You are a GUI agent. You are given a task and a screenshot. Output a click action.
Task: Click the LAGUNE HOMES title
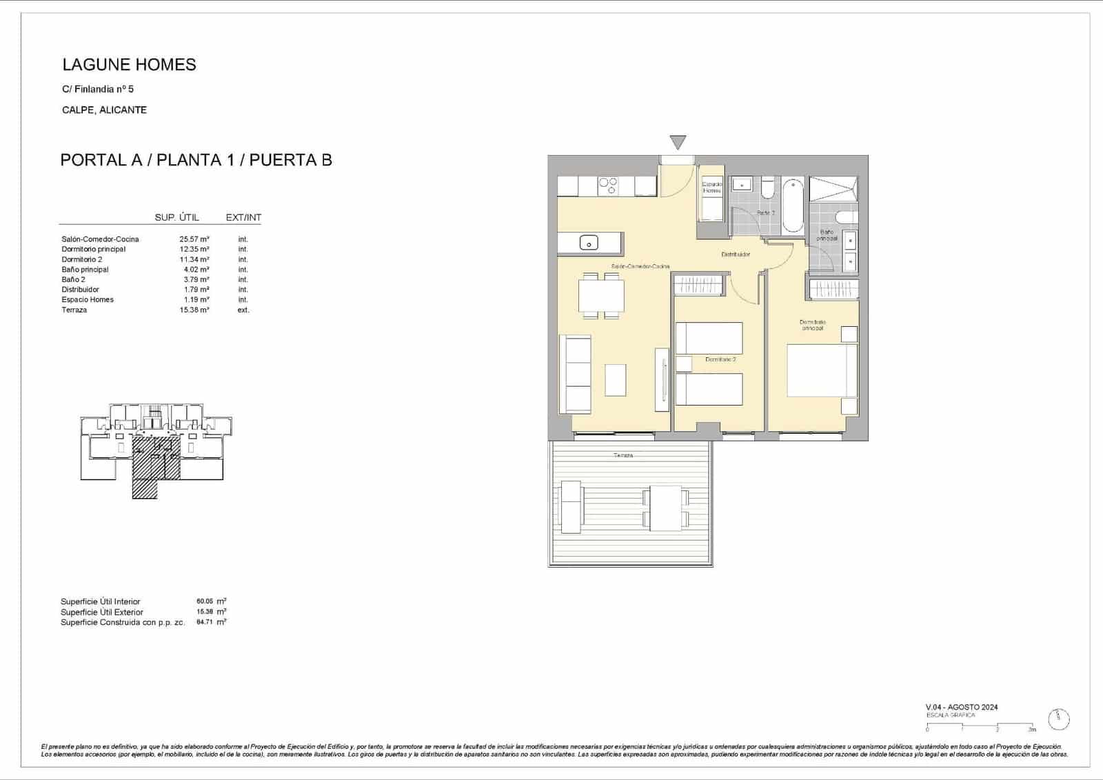[129, 65]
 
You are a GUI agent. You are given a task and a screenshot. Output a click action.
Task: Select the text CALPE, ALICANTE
[104, 110]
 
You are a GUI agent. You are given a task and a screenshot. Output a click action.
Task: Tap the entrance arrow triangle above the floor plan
[678, 142]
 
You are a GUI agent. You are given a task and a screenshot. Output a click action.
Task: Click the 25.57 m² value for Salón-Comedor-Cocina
[194, 239]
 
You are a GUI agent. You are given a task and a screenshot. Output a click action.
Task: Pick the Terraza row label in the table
[74, 310]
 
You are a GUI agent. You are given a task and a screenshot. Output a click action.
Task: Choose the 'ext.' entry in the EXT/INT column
[243, 310]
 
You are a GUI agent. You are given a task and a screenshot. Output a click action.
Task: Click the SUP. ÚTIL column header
[176, 217]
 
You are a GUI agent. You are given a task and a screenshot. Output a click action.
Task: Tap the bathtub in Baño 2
[793, 205]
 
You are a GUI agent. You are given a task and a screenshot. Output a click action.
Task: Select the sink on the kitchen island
[589, 242]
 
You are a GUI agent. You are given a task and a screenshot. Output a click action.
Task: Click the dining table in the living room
[601, 296]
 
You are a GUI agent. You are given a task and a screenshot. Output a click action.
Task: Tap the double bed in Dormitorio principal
[821, 371]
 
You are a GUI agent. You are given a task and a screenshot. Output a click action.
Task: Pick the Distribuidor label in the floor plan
[736, 254]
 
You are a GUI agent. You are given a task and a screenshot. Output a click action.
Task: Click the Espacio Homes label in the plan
[711, 187]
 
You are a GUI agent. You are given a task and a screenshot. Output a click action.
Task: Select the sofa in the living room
[575, 374]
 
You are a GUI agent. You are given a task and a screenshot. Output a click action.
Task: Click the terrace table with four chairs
[665, 508]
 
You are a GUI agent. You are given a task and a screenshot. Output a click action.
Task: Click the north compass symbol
[1058, 719]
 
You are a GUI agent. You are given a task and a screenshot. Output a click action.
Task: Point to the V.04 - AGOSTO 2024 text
[962, 707]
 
